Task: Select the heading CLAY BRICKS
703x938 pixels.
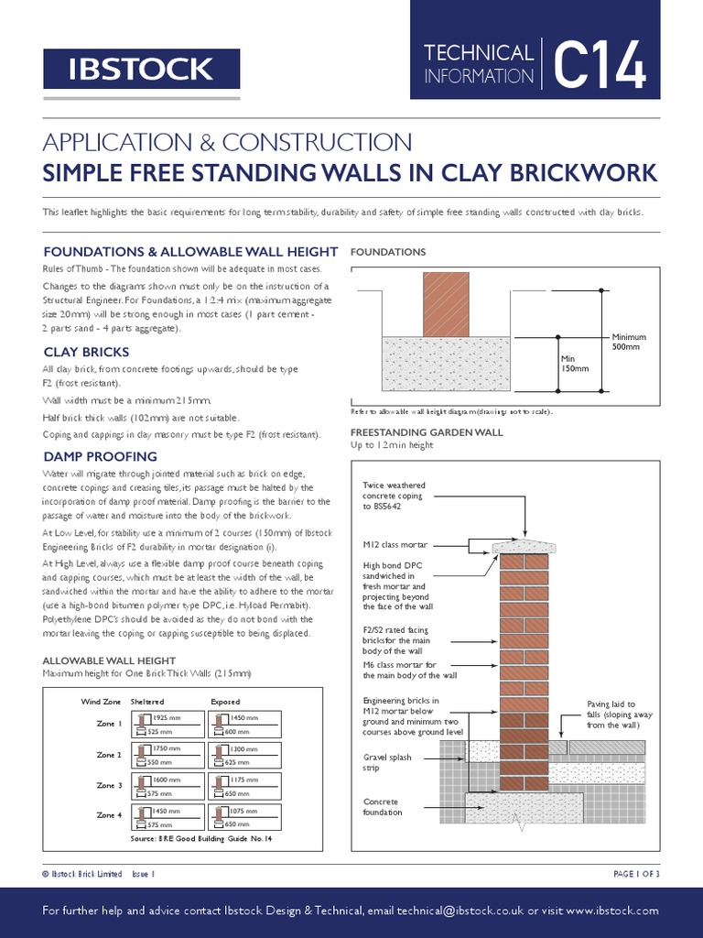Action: tap(86, 352)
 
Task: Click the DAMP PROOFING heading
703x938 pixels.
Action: tap(101, 456)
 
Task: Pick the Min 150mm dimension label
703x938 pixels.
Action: tap(574, 363)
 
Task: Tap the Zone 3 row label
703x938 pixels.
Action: tap(108, 785)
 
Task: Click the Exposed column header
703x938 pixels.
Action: tap(225, 701)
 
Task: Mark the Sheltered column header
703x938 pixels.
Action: tap(147, 701)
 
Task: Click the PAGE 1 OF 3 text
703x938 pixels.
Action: tap(635, 874)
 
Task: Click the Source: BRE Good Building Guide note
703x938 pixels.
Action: tap(201, 838)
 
